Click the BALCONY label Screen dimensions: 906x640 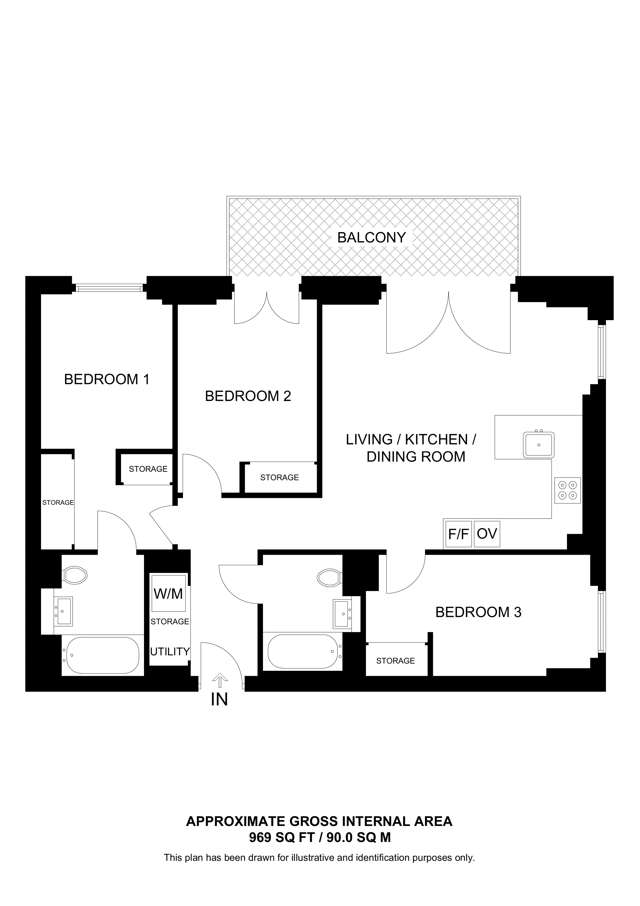(x=371, y=237)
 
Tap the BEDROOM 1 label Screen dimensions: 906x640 (x=106, y=379)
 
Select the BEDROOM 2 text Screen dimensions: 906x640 (x=248, y=396)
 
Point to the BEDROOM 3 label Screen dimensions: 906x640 (x=478, y=612)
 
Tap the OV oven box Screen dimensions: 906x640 (x=487, y=534)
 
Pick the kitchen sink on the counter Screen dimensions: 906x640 (x=539, y=445)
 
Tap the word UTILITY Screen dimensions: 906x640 (x=170, y=651)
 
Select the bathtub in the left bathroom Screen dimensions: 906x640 (x=102, y=655)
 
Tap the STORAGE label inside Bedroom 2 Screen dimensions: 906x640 (x=279, y=478)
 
